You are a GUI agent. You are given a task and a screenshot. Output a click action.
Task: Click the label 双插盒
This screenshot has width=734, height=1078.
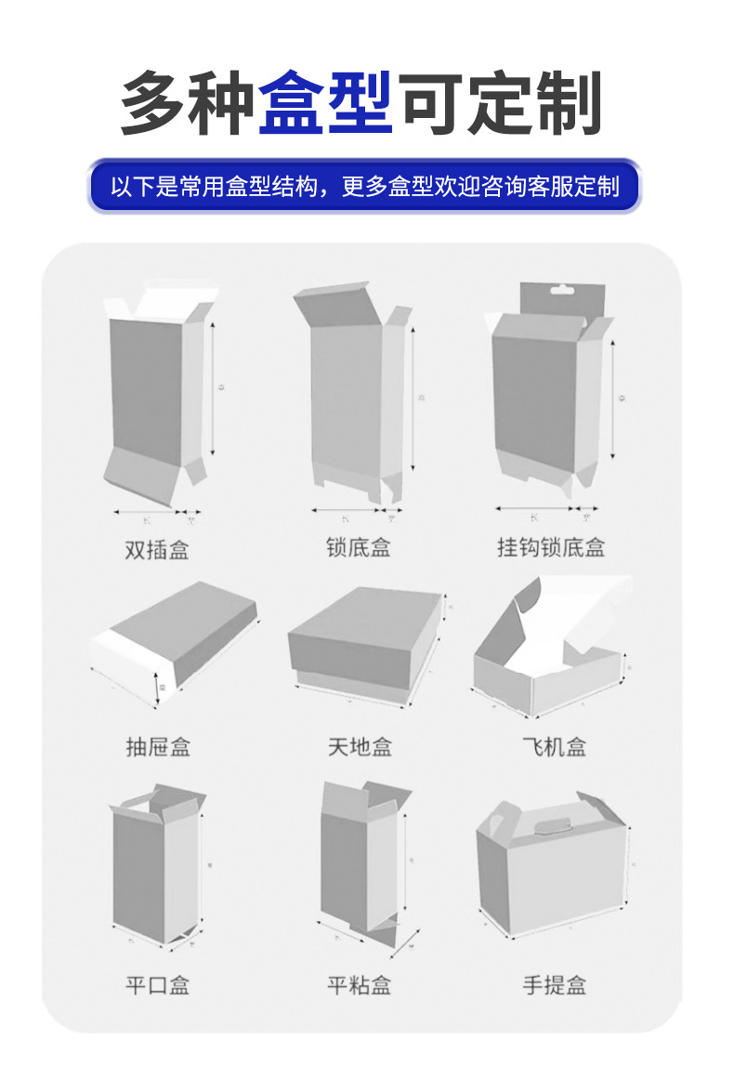click(x=157, y=549)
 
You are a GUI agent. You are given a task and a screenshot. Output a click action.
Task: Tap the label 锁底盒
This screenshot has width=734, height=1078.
click(x=358, y=547)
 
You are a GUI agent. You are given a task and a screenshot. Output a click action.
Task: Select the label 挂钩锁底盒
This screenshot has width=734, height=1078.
click(x=550, y=547)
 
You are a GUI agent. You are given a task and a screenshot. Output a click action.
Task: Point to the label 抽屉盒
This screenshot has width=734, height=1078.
click(x=158, y=746)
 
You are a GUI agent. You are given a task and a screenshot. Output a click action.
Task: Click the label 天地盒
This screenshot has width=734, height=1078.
click(x=360, y=746)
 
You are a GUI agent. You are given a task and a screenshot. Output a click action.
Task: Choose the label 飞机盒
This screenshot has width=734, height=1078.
click(x=555, y=746)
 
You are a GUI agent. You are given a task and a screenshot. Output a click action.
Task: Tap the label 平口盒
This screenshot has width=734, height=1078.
click(x=158, y=985)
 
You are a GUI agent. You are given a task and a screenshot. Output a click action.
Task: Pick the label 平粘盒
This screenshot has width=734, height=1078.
click(x=360, y=985)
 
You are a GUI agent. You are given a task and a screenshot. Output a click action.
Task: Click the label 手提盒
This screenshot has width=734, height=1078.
click(x=555, y=985)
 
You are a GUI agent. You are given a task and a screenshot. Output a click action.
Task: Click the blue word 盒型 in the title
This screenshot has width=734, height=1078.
click(x=325, y=101)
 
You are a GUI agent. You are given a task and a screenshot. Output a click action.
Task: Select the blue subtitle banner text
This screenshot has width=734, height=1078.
click(x=365, y=186)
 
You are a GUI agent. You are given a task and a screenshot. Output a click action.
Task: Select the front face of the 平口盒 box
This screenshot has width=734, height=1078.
click(x=139, y=869)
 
